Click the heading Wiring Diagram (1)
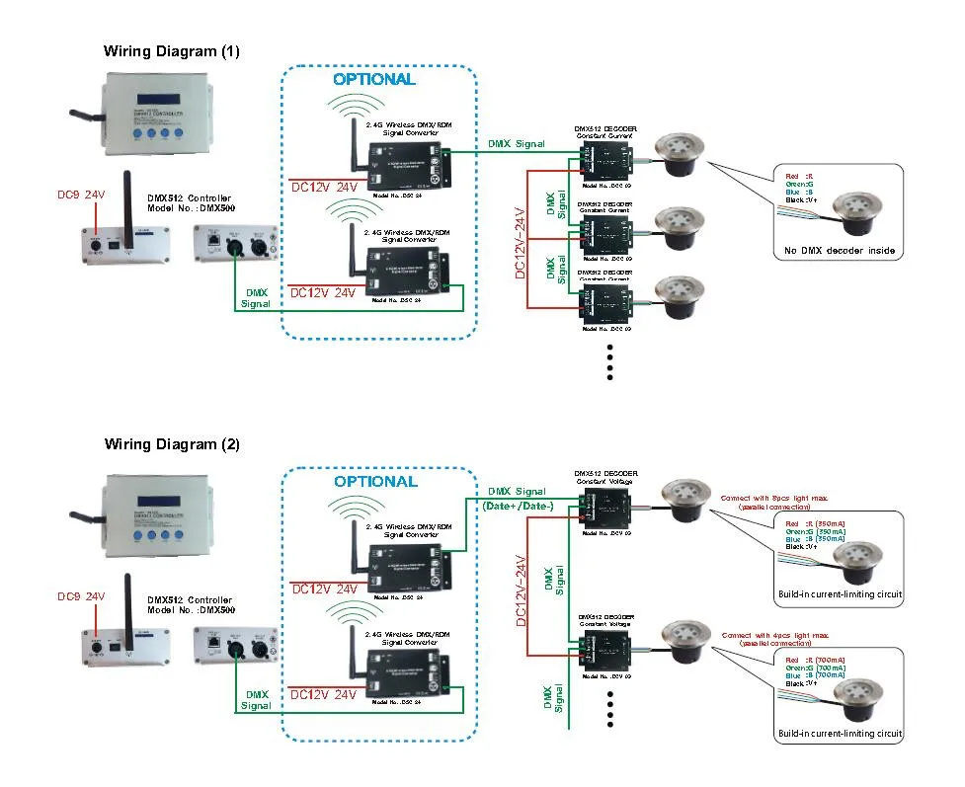pos(172,51)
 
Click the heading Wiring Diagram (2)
pos(172,444)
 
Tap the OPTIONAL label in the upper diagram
pos(373,79)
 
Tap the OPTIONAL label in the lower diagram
pos(375,482)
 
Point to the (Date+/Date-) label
pos(518,507)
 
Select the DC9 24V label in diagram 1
pos(80,195)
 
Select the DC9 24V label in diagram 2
pos(80,596)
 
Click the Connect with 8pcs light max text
pos(775,498)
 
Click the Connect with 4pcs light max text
pos(775,635)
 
